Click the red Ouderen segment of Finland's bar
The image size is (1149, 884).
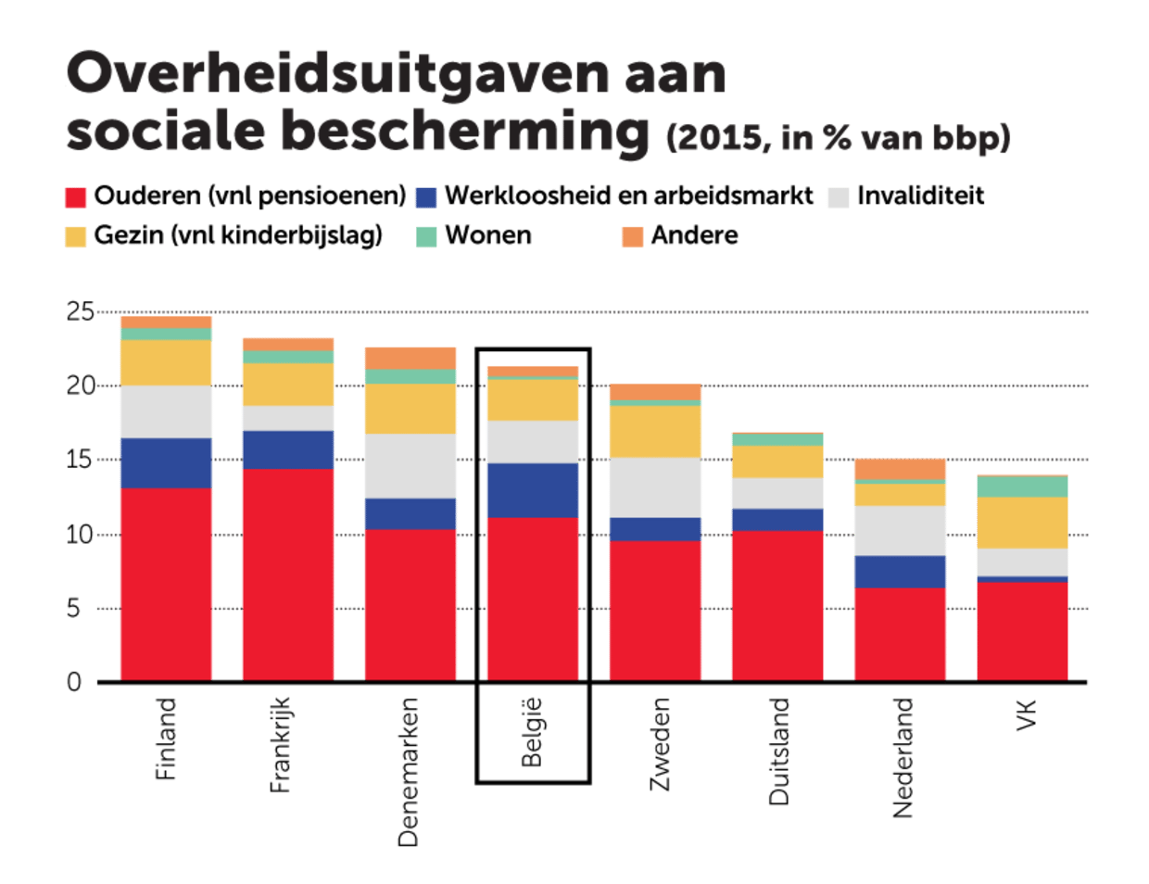[166, 584]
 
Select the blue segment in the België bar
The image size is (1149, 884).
[532, 490]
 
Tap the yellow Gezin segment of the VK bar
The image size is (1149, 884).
[1022, 523]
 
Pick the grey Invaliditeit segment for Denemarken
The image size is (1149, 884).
[410, 466]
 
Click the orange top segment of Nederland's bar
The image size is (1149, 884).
[900, 468]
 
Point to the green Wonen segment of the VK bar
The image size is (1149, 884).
[1022, 486]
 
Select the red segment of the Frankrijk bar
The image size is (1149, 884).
[287, 575]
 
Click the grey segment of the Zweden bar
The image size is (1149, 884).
[655, 487]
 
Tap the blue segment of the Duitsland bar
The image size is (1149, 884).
[777, 520]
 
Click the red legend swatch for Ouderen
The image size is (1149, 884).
[76, 197]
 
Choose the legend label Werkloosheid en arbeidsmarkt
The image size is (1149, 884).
[628, 196]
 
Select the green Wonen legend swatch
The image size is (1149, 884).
[425, 237]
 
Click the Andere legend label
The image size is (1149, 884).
[694, 236]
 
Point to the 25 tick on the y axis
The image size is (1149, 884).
[80, 312]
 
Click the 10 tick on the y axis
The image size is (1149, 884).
[80, 535]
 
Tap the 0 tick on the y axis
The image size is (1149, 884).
[74, 683]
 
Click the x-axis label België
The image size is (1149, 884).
[532, 732]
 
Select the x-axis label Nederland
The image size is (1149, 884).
[902, 758]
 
